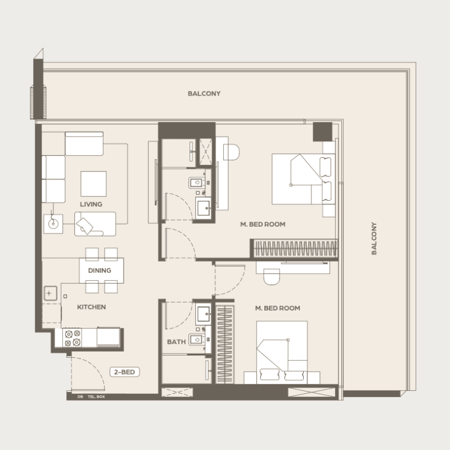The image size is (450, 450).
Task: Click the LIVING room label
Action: click(x=91, y=204)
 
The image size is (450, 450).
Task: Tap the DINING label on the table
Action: click(x=100, y=271)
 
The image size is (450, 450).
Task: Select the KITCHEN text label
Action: click(x=92, y=307)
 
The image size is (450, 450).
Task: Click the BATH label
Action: click(x=176, y=342)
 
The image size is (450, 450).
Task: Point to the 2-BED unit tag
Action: click(x=124, y=372)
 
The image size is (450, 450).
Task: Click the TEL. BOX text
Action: click(x=96, y=397)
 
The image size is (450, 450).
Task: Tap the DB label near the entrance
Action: click(x=80, y=397)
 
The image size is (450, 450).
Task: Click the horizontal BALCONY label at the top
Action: click(x=204, y=93)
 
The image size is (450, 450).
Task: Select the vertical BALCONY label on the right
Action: click(x=373, y=238)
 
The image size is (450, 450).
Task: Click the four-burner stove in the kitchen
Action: click(x=73, y=338)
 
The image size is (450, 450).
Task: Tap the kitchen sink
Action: click(x=50, y=293)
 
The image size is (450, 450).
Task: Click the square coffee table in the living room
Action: click(x=93, y=184)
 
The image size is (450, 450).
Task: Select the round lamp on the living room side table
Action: click(x=53, y=223)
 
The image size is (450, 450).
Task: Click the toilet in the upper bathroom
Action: click(x=197, y=182)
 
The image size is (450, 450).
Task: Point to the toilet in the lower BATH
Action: click(x=197, y=340)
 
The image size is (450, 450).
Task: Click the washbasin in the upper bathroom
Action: click(x=204, y=208)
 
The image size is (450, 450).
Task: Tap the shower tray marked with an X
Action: click(x=205, y=152)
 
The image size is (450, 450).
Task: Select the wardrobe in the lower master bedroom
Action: click(x=224, y=344)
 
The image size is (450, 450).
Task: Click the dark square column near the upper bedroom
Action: click(x=322, y=132)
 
